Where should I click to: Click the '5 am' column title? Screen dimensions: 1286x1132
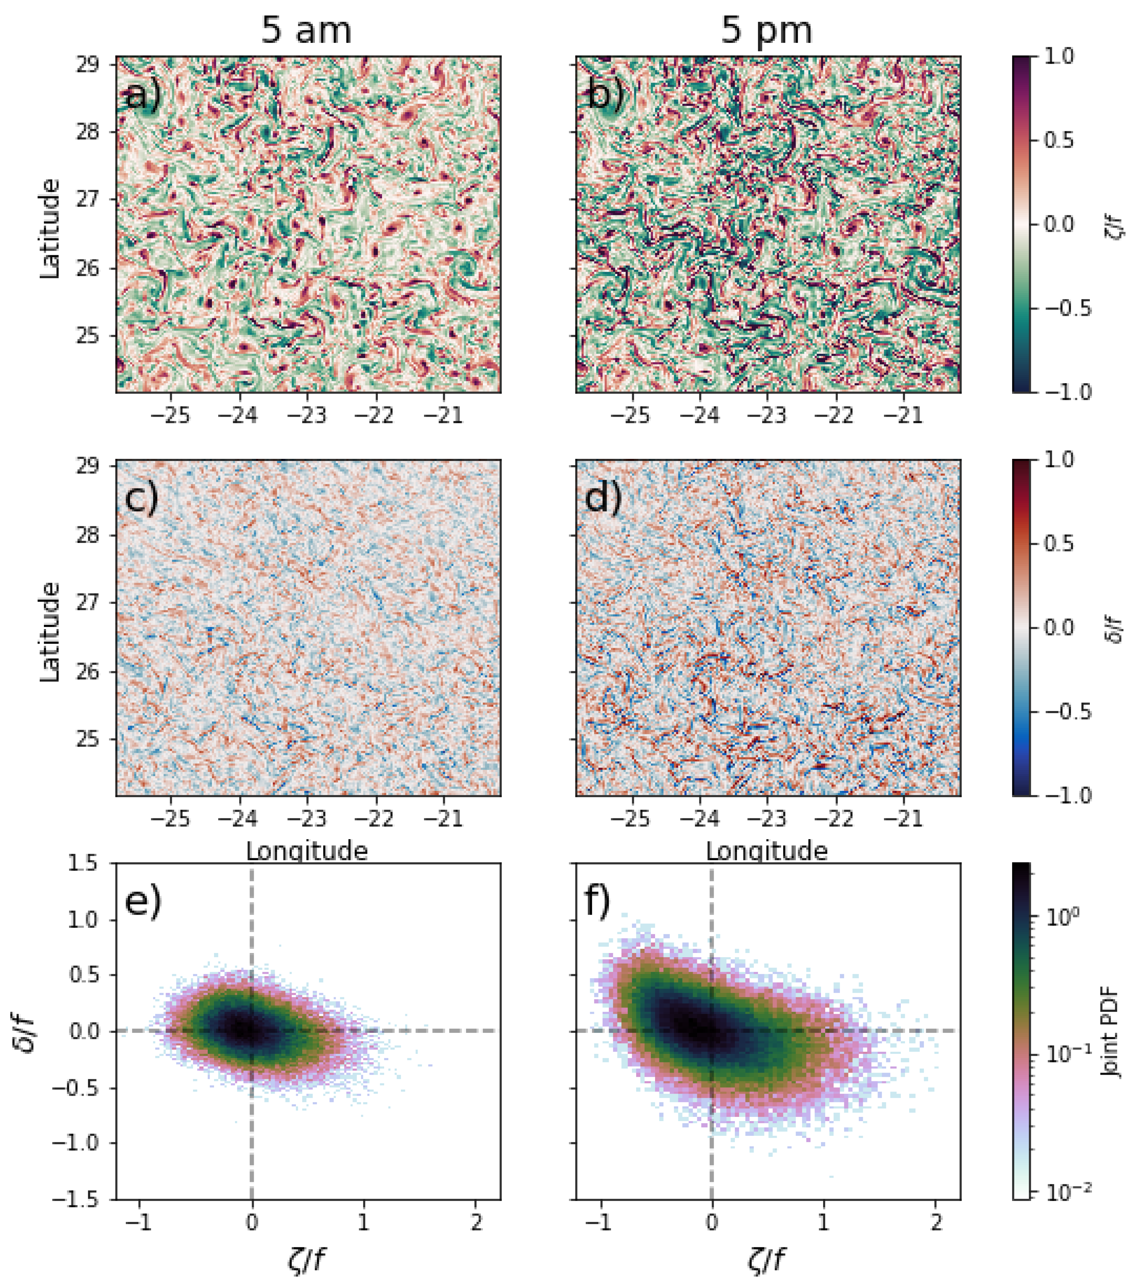(x=306, y=30)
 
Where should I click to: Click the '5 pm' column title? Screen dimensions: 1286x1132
(x=766, y=30)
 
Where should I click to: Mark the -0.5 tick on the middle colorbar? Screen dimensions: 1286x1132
(x=1068, y=712)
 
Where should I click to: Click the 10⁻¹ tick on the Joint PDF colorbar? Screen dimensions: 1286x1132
(x=1063, y=1055)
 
